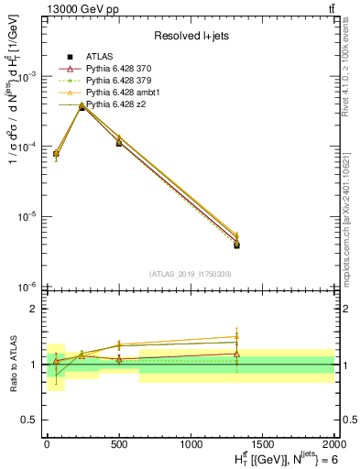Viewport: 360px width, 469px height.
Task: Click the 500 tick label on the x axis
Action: click(118, 442)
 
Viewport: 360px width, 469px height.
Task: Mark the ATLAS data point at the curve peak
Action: click(82, 108)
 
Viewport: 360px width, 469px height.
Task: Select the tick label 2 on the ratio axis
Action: click(35, 309)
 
